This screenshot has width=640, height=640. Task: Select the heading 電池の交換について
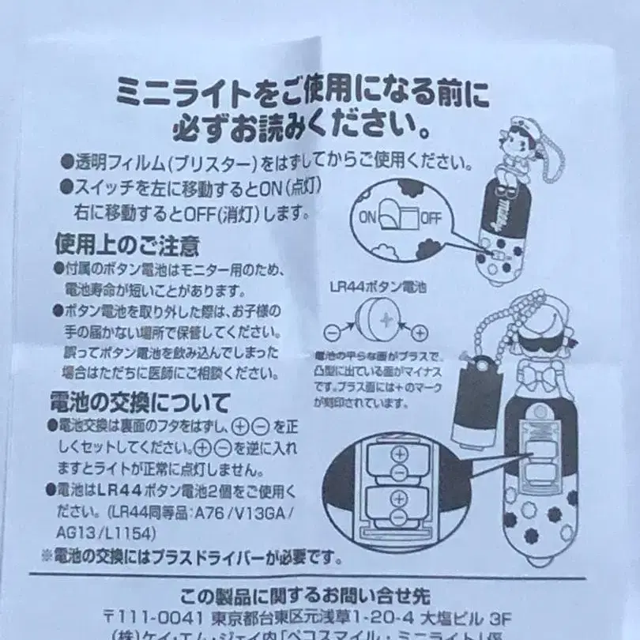(143, 402)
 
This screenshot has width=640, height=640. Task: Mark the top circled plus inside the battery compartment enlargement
(397, 455)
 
